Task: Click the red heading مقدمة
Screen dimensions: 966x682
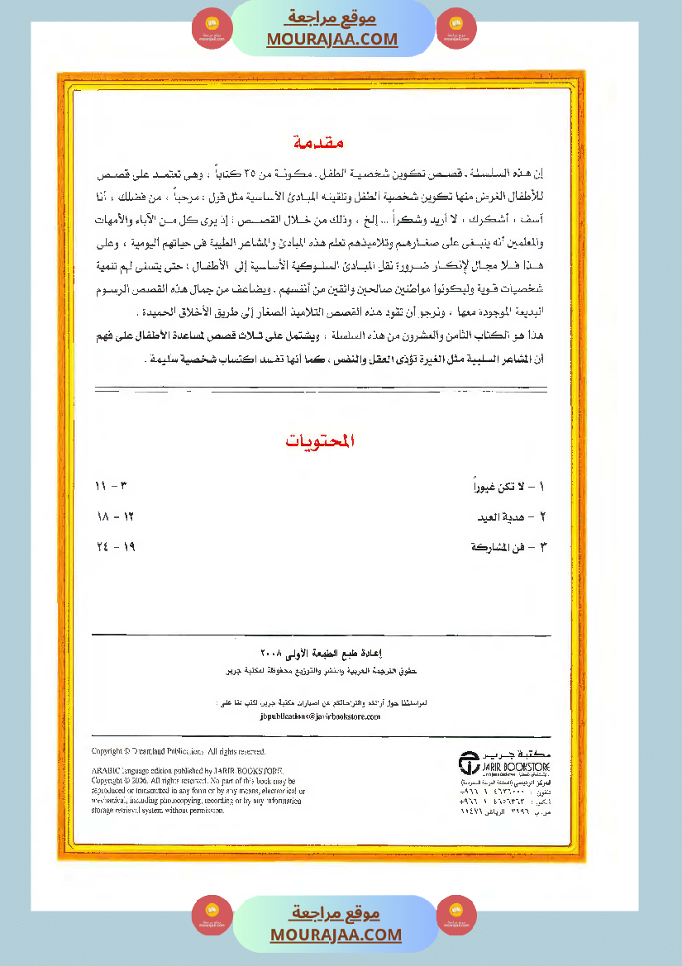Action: (x=318, y=143)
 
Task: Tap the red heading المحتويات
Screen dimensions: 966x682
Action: (x=320, y=441)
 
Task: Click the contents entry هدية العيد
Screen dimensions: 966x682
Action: (x=513, y=517)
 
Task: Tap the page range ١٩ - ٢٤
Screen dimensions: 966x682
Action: (x=114, y=547)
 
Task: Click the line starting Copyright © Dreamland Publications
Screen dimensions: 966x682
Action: (x=178, y=751)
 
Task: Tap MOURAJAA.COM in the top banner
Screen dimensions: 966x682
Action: (x=332, y=39)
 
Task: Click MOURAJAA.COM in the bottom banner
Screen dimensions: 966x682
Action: (x=336, y=935)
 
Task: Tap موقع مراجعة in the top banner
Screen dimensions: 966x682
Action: (x=332, y=17)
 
